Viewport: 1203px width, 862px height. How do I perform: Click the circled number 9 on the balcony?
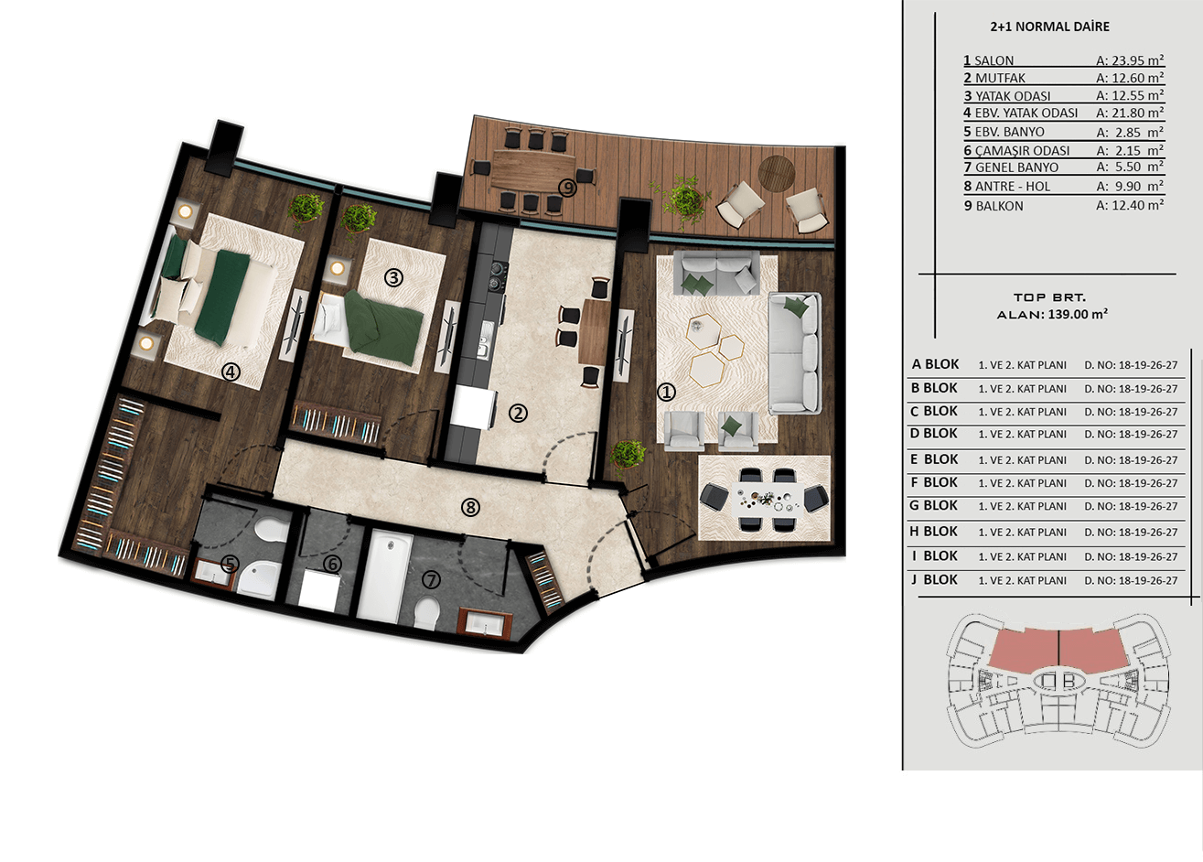tap(567, 188)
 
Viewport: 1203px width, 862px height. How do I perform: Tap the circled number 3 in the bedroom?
tap(393, 277)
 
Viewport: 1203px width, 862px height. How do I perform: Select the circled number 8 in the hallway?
tap(470, 507)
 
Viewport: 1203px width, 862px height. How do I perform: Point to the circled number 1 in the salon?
tap(666, 392)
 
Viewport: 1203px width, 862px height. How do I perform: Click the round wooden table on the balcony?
tap(776, 172)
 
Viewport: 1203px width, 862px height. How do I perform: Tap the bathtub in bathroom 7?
tap(384, 576)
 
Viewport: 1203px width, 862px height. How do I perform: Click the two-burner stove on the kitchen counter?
tap(499, 275)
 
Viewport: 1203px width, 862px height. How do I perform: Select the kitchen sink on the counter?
tap(485, 339)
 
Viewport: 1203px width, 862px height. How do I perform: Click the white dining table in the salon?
tap(767, 500)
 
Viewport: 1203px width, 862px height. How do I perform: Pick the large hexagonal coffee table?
tap(706, 369)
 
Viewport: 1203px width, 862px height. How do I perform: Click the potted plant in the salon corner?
tap(628, 456)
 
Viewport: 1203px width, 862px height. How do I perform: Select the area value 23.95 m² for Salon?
tap(1130, 60)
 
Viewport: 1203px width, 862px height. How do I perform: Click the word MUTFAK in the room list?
tap(1000, 79)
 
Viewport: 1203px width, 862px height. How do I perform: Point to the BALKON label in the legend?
tap(1000, 206)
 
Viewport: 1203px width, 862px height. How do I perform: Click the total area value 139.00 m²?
tap(1078, 314)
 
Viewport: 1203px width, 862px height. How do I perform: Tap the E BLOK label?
tap(934, 459)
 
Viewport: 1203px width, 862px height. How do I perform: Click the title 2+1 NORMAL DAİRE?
tap(1050, 27)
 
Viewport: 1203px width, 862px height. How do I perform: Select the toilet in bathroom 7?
tap(427, 613)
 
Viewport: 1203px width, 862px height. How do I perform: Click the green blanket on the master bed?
tap(221, 296)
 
